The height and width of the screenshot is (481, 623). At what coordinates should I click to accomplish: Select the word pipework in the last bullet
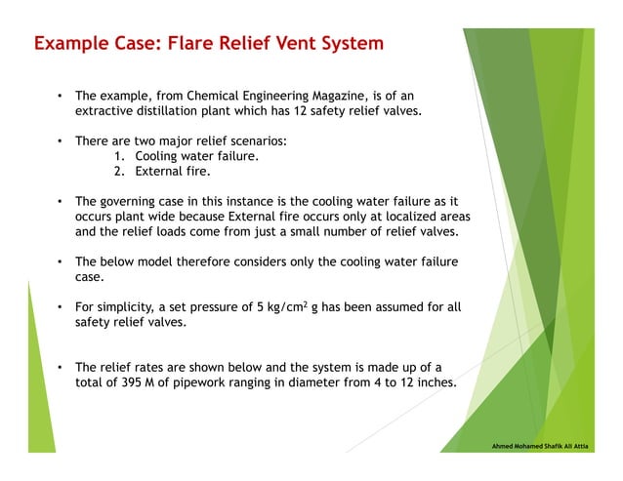(x=208, y=382)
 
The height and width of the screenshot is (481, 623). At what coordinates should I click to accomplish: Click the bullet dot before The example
(x=61, y=97)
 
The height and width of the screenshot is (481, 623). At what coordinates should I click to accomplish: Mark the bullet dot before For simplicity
(x=61, y=307)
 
